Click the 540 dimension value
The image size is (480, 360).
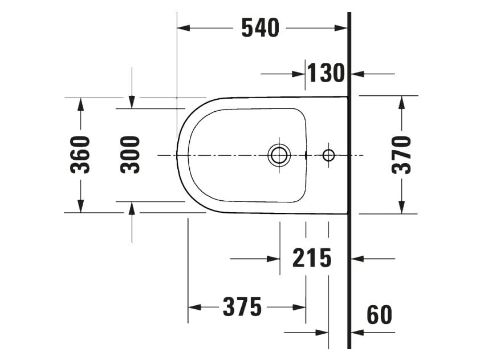(x=261, y=27)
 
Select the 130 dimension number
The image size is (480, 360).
(x=327, y=73)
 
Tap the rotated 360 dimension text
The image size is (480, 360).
(x=80, y=155)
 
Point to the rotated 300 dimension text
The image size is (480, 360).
(x=131, y=155)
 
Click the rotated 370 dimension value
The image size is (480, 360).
(x=402, y=155)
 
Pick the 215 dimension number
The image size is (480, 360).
(x=312, y=258)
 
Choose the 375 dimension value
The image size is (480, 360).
(x=242, y=308)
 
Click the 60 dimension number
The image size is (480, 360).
(x=379, y=315)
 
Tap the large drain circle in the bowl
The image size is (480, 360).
(x=279, y=155)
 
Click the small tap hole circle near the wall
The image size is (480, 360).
(x=328, y=155)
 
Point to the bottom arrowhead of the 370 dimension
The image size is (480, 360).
(x=402, y=207)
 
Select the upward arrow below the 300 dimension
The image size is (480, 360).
(x=132, y=209)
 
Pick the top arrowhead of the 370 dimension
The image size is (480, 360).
(x=402, y=102)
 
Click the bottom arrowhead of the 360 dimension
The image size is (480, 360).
(x=80, y=206)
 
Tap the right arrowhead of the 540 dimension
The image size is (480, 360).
(x=341, y=27)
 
